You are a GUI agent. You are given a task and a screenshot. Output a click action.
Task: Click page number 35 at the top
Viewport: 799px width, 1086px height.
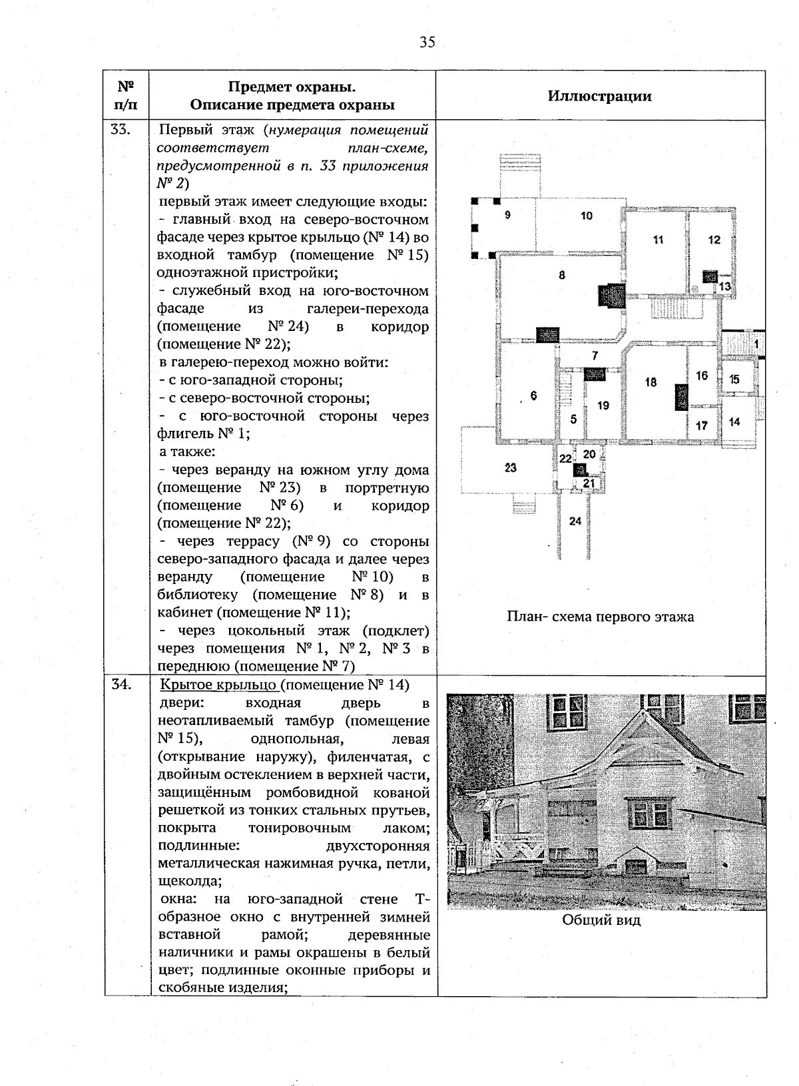(427, 43)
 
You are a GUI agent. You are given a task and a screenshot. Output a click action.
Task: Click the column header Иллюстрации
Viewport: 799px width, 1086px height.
(599, 96)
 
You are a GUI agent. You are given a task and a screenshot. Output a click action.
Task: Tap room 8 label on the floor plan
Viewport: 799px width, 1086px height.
(562, 274)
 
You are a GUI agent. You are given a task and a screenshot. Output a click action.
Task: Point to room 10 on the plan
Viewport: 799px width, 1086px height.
(586, 216)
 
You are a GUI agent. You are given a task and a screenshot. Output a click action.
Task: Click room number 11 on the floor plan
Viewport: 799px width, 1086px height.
(658, 240)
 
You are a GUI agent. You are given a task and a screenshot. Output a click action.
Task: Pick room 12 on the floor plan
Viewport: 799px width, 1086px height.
(714, 240)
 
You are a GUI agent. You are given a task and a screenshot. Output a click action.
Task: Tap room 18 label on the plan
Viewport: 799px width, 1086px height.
(651, 382)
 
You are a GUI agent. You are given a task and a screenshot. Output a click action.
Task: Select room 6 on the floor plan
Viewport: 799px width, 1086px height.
(533, 396)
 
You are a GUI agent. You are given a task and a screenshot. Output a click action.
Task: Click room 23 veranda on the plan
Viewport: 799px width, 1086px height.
(510, 468)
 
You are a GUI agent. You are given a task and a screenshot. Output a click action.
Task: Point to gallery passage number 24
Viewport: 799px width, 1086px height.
(575, 521)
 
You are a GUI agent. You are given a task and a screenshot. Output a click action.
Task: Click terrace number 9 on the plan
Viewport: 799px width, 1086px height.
(507, 214)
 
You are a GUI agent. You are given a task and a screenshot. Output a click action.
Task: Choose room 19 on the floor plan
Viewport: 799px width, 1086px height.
(603, 405)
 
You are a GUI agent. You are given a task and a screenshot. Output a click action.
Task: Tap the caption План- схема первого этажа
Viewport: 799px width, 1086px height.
(600, 617)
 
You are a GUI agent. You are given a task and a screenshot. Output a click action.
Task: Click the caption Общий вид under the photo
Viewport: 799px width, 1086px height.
(601, 921)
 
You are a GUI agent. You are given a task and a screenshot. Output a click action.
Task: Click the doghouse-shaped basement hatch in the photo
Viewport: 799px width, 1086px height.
(637, 863)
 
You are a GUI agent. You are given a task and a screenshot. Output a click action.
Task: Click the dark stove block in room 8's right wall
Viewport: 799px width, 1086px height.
(611, 296)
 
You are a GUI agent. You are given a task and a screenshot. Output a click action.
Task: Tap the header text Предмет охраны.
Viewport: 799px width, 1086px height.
(292, 87)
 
